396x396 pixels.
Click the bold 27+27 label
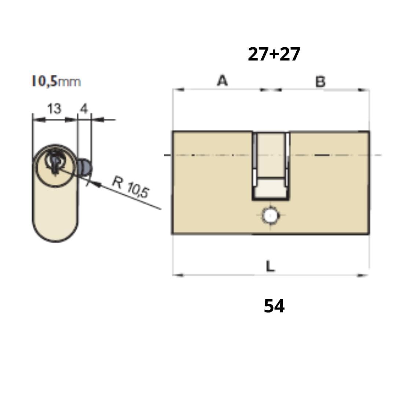pos(274,54)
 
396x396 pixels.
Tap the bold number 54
pos(274,306)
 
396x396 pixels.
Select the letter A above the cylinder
pos(222,80)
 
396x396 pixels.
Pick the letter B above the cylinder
pos(320,81)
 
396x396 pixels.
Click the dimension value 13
pos(54,109)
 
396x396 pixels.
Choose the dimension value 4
pos(84,109)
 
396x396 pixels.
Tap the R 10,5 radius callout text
pos(131,187)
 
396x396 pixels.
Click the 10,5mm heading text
pos(56,81)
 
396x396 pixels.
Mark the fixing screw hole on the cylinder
pos(271,216)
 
